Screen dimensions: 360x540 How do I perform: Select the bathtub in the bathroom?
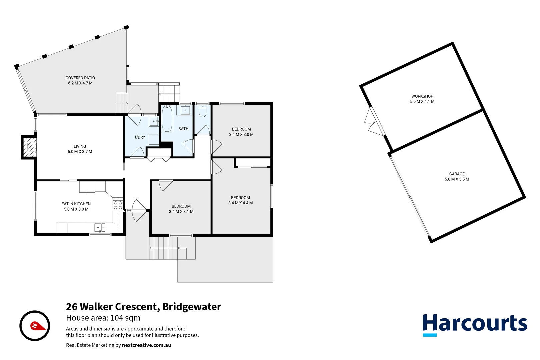tap(167, 119)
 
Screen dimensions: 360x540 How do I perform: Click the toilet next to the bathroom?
tap(202, 111)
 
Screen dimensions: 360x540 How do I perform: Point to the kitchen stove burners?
tap(118, 205)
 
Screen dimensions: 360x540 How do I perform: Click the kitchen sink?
tap(100, 228)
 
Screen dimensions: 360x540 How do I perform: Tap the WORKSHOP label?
tap(422, 96)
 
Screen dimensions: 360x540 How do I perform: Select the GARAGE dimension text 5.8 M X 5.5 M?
tap(457, 179)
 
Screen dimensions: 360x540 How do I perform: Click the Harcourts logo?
tap(475, 324)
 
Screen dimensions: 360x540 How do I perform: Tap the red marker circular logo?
tap(35, 326)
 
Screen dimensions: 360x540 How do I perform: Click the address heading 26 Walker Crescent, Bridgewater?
tap(143, 307)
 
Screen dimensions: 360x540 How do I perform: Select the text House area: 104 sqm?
tap(103, 318)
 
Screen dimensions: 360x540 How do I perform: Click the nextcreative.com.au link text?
tap(146, 345)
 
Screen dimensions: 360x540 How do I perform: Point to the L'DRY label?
tap(140, 137)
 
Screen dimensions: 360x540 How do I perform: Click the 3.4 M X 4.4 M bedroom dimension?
tap(240, 203)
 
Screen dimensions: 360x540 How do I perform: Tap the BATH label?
tap(183, 129)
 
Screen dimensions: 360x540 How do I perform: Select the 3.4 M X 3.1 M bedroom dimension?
tap(181, 212)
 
